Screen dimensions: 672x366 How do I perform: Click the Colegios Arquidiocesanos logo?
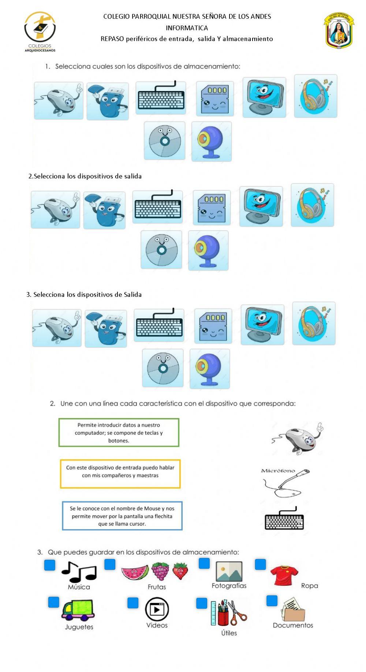click(40, 31)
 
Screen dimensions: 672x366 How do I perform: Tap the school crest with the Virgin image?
click(339, 31)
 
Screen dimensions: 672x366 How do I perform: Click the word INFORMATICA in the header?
click(187, 28)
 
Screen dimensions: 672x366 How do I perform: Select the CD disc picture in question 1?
click(164, 141)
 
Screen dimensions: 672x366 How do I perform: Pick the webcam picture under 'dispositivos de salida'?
click(208, 250)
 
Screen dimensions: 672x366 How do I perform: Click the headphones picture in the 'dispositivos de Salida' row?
click(314, 323)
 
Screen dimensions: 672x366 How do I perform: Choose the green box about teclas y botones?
click(119, 433)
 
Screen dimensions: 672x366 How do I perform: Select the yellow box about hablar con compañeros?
click(120, 474)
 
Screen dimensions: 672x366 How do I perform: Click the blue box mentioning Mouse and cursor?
click(122, 516)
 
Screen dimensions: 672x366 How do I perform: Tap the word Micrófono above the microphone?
click(278, 471)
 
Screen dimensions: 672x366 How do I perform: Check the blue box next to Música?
click(49, 565)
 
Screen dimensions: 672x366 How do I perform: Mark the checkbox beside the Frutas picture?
click(110, 564)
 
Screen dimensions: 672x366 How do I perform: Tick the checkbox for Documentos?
click(272, 601)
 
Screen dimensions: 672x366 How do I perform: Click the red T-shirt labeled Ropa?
click(284, 575)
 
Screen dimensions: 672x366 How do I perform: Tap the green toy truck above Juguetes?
click(78, 610)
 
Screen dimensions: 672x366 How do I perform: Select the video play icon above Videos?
click(157, 609)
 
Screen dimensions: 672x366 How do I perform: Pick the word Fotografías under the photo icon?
click(229, 585)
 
